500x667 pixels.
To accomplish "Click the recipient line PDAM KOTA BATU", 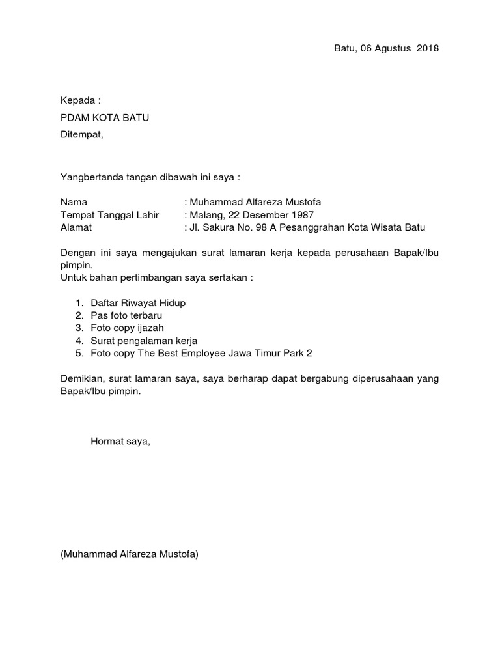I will click(109, 118).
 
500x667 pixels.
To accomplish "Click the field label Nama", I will click(74, 203).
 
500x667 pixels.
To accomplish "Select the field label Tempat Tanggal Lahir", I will click(109, 215).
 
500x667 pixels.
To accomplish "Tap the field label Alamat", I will click(76, 227).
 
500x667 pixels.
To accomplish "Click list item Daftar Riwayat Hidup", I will click(138, 304).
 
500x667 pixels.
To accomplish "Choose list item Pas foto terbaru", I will click(126, 316).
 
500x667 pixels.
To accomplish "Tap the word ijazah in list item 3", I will click(149, 328).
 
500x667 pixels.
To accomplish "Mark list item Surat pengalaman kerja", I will click(144, 341).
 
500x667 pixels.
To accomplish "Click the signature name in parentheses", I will click(130, 555).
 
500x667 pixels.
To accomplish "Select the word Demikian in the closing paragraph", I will click(83, 380).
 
